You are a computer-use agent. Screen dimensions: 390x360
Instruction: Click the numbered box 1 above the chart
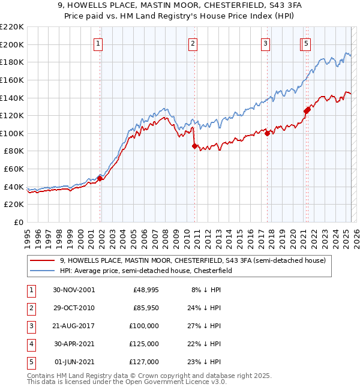(98, 43)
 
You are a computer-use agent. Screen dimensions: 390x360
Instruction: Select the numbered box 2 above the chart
(193, 43)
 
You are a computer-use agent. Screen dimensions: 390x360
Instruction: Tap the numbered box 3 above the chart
(265, 43)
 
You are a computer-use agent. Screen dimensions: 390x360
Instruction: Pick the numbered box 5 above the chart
(306, 43)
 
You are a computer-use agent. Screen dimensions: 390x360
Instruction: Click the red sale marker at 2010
(194, 146)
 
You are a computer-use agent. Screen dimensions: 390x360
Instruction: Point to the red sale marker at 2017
(267, 133)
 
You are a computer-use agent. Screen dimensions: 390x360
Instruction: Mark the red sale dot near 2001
(100, 178)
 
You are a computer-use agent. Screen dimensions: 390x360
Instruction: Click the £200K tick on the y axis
(13, 44)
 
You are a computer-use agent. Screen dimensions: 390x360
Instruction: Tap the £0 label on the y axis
(18, 223)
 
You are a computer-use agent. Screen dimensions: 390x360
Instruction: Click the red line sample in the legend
(41, 260)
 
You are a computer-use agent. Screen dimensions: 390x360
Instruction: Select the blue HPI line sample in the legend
(41, 271)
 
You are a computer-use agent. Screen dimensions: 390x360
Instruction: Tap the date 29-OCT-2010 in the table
(74, 308)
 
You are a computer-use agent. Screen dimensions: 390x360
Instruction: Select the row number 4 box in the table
(29, 344)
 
